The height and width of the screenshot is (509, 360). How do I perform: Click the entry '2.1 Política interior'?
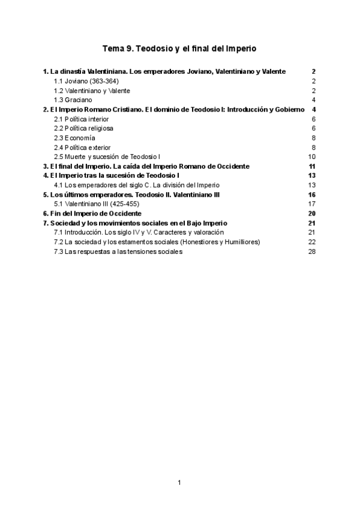(x=82, y=119)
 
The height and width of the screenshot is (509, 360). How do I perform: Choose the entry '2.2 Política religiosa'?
(x=83, y=128)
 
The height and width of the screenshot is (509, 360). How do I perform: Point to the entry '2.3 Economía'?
(x=74, y=137)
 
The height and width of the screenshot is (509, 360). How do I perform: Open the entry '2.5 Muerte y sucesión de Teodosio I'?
(x=107, y=157)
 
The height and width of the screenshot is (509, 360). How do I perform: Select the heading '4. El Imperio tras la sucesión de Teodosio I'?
(x=111, y=175)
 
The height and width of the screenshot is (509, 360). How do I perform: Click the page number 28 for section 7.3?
(x=311, y=251)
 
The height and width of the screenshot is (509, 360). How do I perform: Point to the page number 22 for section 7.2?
(x=311, y=242)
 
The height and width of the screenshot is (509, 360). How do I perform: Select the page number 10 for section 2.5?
(x=311, y=157)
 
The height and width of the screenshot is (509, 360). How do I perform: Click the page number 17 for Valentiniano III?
(x=311, y=203)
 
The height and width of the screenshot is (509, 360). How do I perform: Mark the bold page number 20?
(x=311, y=213)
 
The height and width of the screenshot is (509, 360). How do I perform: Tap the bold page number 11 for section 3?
(x=311, y=166)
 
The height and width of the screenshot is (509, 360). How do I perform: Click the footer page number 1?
(x=179, y=482)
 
